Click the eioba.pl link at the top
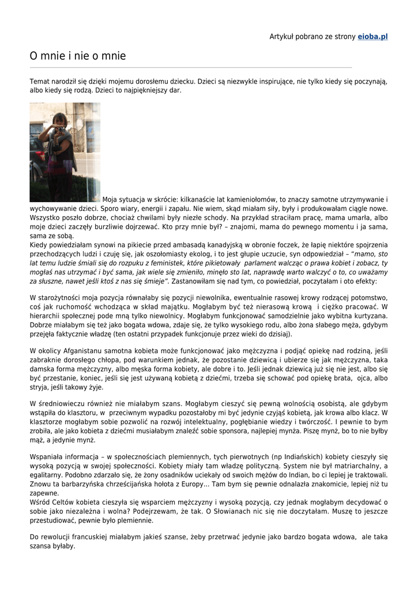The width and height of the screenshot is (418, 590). [x=372, y=36]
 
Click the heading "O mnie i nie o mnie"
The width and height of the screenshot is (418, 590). [x=78, y=56]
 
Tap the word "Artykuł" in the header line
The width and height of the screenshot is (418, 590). [x=282, y=36]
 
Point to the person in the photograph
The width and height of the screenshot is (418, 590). [x=60, y=153]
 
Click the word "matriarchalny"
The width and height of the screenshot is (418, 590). [x=352, y=466]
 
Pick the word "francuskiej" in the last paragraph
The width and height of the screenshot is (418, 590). [x=95, y=538]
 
